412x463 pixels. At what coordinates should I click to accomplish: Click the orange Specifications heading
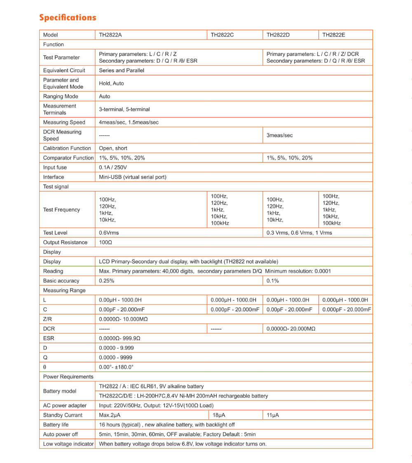pos(68,17)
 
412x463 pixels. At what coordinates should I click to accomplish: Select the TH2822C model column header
pos(222,35)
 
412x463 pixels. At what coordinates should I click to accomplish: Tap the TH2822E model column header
pos(334,35)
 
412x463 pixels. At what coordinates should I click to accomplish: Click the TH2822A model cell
pos(110,35)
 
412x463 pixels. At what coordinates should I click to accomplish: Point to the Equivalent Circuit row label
pos(64,71)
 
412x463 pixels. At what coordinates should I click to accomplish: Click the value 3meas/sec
pos(280,135)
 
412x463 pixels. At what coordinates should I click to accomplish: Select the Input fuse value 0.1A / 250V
pos(113,167)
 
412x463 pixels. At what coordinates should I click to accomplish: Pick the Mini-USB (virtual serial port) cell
pos(133,177)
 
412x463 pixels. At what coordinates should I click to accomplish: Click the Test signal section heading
pos(56,187)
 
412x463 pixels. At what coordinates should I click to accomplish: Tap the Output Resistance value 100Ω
pos(105,242)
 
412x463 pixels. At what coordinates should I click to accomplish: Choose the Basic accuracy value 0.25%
pos(106,281)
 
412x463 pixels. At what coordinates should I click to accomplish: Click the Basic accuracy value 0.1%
pos(273,281)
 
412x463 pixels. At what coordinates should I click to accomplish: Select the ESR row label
pos(49,338)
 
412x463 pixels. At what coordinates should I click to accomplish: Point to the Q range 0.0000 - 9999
pos(116,357)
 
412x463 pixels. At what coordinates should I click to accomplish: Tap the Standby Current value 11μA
pos(273,415)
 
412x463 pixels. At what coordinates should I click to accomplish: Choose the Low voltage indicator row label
pos(68,444)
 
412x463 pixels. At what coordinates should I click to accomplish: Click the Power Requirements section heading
pos(68,377)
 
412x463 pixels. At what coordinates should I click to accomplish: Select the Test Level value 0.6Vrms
pos(109,233)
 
